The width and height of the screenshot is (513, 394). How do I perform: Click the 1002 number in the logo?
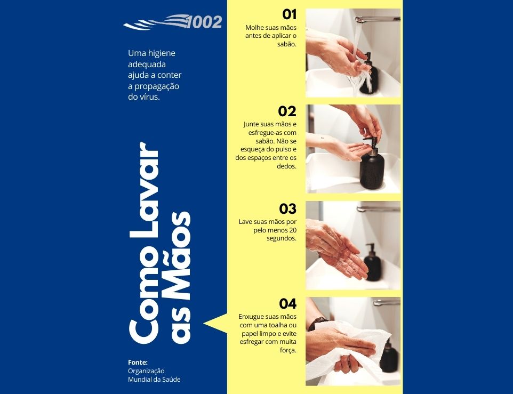pos(205,22)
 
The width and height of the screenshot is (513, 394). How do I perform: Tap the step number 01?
pos(289,14)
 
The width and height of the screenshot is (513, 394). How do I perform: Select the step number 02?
pos(287,111)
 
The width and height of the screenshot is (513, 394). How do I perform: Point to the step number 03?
pos(287,208)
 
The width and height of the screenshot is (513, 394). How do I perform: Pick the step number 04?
pos(287,303)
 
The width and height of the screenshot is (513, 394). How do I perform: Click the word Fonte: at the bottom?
pos(138,363)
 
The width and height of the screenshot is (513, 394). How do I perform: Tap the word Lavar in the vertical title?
pos(144,190)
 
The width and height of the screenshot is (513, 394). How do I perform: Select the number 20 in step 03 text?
pos(292,230)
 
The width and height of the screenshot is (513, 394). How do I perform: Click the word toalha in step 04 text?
pos(278,325)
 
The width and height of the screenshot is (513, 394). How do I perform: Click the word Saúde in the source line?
pos(172,379)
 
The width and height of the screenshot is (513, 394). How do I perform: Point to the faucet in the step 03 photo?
pos(379,208)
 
